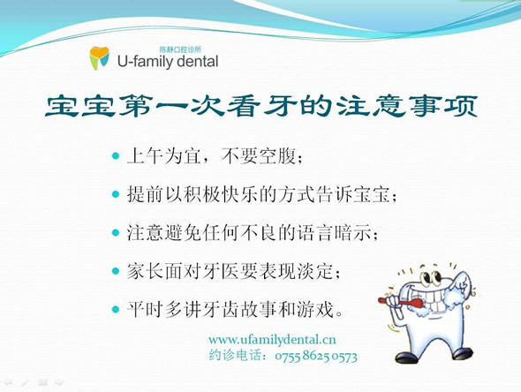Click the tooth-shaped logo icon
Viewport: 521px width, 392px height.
[x=100, y=57]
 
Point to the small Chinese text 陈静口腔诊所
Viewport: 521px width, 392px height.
[x=180, y=49]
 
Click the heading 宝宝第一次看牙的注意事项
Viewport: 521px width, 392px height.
[x=261, y=106]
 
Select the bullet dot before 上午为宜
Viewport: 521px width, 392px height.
[x=116, y=155]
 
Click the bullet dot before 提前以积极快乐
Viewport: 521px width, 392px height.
[x=116, y=194]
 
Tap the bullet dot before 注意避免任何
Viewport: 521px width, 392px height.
[x=116, y=233]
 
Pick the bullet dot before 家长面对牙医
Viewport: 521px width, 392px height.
[x=116, y=271]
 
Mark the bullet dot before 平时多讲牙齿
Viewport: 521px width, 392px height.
[x=116, y=310]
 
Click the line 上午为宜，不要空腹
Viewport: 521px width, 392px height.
[x=215, y=156]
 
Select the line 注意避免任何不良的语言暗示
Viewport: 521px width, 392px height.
[x=253, y=233]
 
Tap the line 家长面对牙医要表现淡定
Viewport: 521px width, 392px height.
[x=234, y=272]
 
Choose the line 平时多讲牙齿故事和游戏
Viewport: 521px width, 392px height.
[x=235, y=310]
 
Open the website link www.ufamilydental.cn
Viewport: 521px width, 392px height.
[x=272, y=340]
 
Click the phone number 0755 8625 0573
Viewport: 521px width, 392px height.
[x=316, y=357]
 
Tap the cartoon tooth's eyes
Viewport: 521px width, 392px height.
[x=430, y=278]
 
